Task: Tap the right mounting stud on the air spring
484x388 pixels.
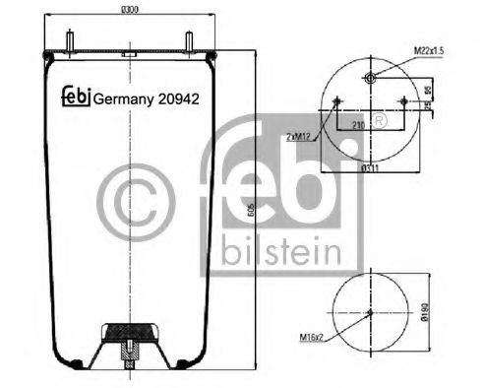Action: click(186, 42)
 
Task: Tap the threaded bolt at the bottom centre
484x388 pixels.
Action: click(130, 351)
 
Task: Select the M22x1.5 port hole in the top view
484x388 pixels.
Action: click(370, 79)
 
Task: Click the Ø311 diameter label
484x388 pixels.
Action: click(370, 165)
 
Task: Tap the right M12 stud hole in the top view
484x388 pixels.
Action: click(403, 100)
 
